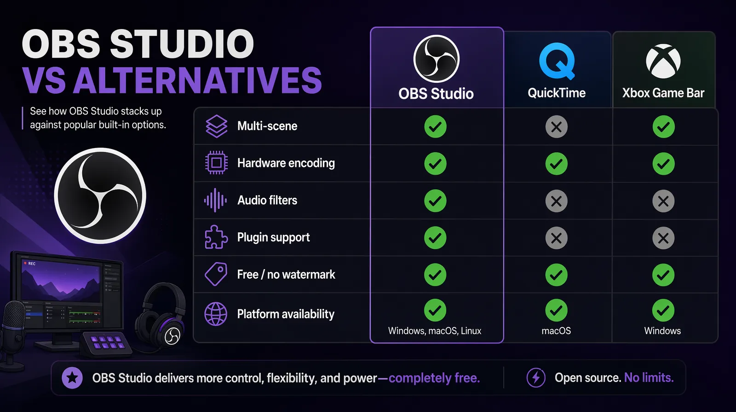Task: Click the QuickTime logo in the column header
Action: pos(557,61)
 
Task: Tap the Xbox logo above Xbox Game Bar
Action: pos(663,61)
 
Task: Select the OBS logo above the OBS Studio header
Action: pos(436,58)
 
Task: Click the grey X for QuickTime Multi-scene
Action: pos(556,126)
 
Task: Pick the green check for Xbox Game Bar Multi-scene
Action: pos(663,126)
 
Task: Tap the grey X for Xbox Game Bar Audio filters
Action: pos(663,201)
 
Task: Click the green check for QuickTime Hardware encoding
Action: pos(556,164)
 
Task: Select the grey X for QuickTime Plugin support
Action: pos(556,238)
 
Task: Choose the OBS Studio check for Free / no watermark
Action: pos(435,275)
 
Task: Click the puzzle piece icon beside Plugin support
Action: pos(216,237)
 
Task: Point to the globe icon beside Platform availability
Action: pos(216,314)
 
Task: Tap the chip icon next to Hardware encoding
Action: pos(216,163)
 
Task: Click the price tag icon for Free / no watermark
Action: pos(216,274)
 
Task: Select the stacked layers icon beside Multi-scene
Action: pos(216,126)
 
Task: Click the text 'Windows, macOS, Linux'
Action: pos(435,331)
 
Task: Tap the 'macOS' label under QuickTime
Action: pos(556,331)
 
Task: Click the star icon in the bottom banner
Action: pos(72,378)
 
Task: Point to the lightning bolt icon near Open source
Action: pos(536,378)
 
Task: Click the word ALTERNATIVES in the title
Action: pos(197,80)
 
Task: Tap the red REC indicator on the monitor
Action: pos(29,263)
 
